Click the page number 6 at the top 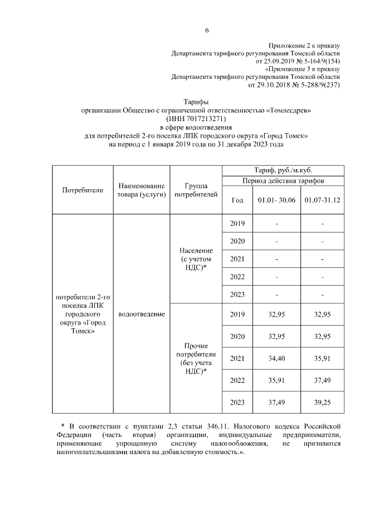(x=208, y=31)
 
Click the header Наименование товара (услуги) (x=141, y=190)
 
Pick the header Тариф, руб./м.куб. (x=283, y=170)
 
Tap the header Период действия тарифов (x=283, y=181)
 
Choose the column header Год (x=237, y=201)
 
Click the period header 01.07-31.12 (x=323, y=201)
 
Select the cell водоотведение (x=141, y=314)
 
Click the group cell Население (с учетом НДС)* (x=196, y=260)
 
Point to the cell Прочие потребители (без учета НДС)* (x=196, y=358)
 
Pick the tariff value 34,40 (x=276, y=358)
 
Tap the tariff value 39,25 (x=323, y=403)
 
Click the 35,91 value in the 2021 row (x=323, y=358)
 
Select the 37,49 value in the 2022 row (x=323, y=380)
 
